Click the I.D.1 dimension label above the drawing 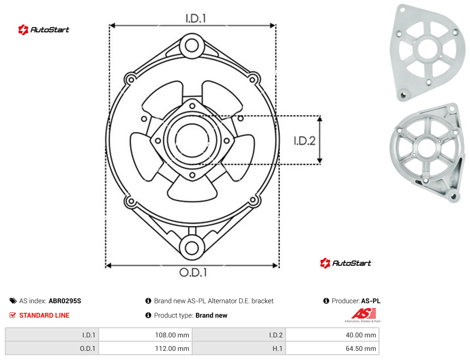tap(196, 19)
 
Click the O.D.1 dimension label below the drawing tap(193, 272)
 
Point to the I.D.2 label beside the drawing tap(304, 141)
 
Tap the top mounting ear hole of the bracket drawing tap(192, 46)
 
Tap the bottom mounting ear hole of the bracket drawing tap(192, 248)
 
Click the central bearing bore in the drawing tap(192, 140)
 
